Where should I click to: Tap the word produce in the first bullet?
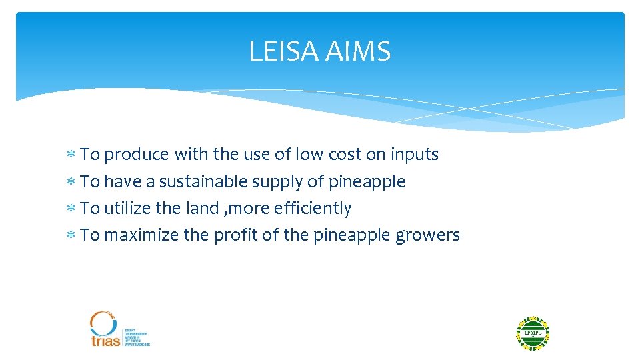(137, 155)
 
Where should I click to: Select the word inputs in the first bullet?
(414, 155)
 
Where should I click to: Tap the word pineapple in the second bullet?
(367, 182)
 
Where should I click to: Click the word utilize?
(127, 209)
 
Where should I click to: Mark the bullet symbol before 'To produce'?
(71, 155)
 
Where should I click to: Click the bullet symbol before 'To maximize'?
(71, 235)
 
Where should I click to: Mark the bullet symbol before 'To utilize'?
(71, 209)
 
